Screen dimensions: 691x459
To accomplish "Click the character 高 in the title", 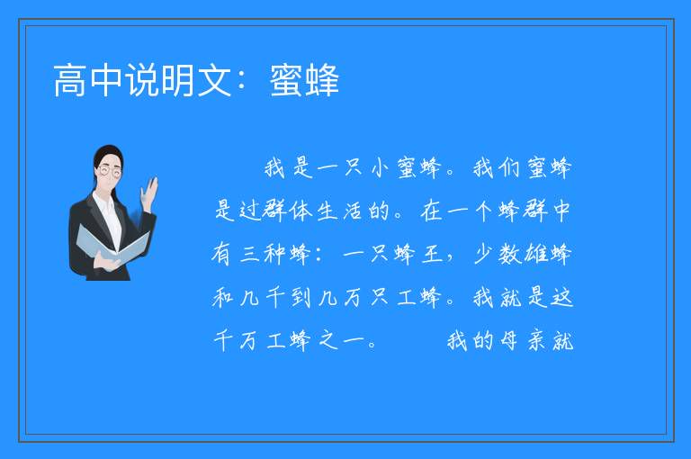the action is point(70,80).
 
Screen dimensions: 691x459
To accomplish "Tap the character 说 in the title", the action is point(142,80).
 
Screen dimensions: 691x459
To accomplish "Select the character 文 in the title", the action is point(215,80).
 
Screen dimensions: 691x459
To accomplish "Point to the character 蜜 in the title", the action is point(286,80).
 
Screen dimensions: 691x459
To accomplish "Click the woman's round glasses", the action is point(110,171).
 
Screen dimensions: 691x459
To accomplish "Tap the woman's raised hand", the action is point(149,193).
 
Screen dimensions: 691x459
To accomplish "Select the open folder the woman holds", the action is point(112,245).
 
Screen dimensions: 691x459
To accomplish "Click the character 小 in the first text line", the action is point(380,167).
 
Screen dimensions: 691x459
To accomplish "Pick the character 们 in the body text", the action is point(509,167).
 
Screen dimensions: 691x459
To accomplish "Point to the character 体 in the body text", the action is point(301,211).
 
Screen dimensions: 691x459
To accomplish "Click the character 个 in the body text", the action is point(482,211).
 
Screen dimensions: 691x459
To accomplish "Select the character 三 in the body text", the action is point(250,254).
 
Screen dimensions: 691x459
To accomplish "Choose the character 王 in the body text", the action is point(432,254).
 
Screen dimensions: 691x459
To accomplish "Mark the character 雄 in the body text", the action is point(535,254).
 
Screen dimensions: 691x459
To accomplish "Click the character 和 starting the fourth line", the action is point(222,297).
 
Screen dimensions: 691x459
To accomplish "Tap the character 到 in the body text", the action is point(301,297).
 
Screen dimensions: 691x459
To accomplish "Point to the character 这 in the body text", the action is point(561,297).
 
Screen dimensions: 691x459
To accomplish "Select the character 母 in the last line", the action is point(509,340).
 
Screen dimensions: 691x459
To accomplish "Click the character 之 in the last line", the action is point(328,340).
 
